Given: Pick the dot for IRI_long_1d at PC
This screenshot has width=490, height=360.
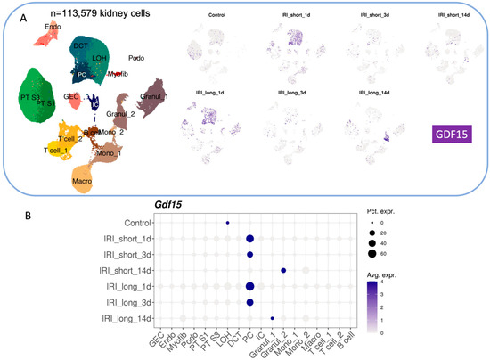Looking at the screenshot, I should [250, 286].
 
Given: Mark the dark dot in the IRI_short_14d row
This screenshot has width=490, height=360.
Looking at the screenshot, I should [282, 270].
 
